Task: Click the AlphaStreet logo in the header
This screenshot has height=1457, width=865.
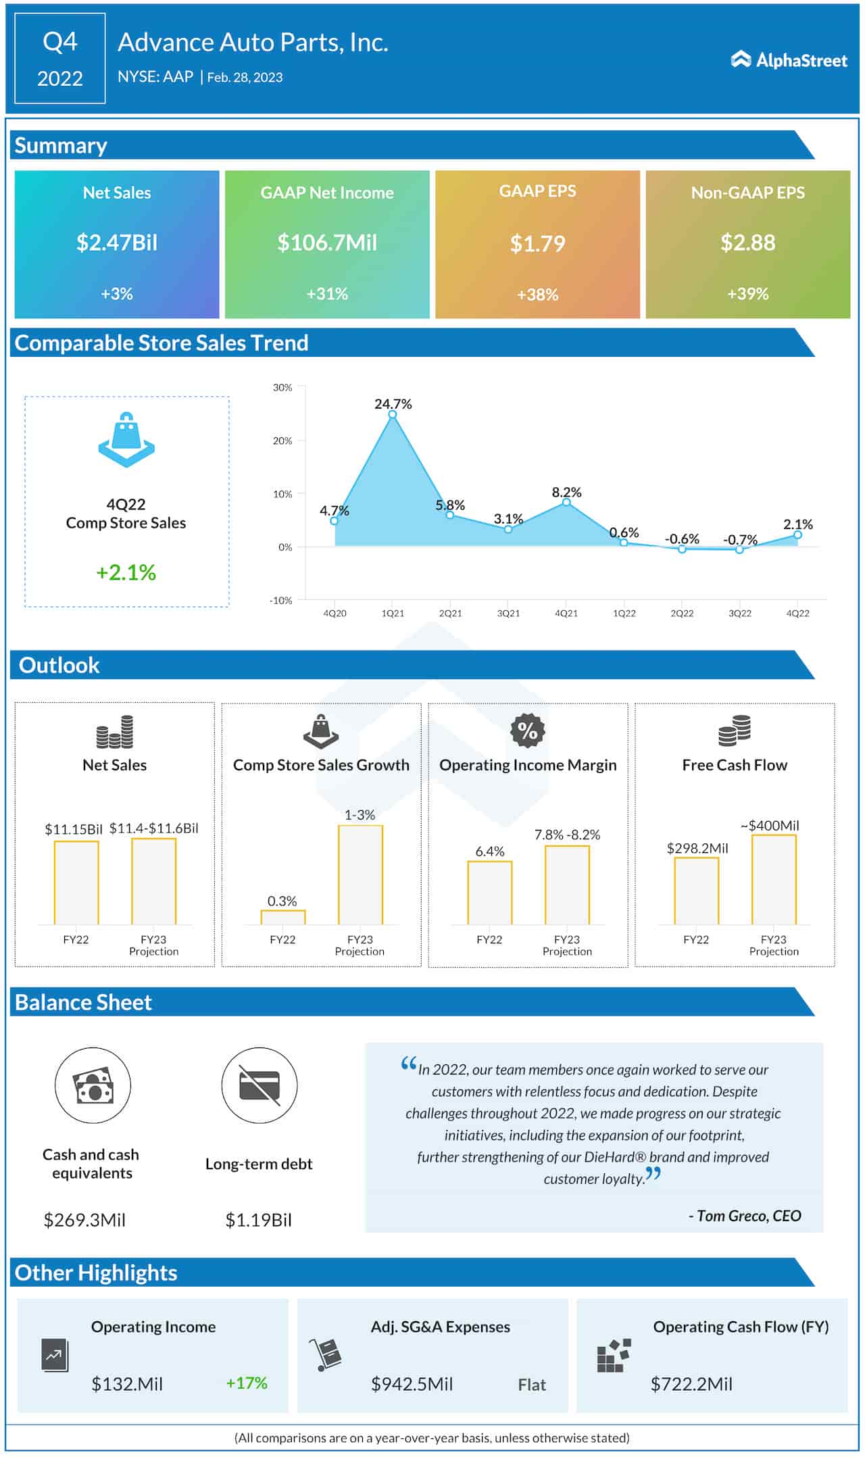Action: click(789, 60)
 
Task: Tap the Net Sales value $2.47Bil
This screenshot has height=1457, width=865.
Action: click(117, 243)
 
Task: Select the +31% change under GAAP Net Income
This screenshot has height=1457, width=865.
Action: click(327, 294)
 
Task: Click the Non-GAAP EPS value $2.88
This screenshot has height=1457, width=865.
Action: click(747, 243)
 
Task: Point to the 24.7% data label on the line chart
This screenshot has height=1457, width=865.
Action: click(393, 404)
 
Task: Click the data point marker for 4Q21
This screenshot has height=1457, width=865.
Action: click(566, 502)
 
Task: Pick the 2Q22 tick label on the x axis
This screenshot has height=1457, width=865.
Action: click(682, 613)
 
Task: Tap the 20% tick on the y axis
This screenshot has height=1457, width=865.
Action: click(282, 441)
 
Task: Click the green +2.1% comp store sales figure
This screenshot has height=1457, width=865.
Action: click(126, 572)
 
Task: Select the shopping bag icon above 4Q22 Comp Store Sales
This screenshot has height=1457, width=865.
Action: click(126, 439)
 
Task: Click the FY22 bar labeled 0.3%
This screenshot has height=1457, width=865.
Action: click(283, 917)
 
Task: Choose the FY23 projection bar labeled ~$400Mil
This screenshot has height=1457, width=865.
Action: click(774, 879)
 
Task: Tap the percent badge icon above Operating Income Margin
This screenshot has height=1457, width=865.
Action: click(527, 731)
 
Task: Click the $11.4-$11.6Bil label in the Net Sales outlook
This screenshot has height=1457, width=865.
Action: click(154, 829)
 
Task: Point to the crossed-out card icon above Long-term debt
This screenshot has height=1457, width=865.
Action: click(259, 1085)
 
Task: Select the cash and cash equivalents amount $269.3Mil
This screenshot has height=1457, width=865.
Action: click(85, 1220)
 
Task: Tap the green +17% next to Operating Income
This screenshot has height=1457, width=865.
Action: click(247, 1383)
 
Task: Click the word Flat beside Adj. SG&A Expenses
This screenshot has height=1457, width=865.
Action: click(532, 1385)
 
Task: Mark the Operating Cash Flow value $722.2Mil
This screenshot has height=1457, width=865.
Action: click(691, 1384)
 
